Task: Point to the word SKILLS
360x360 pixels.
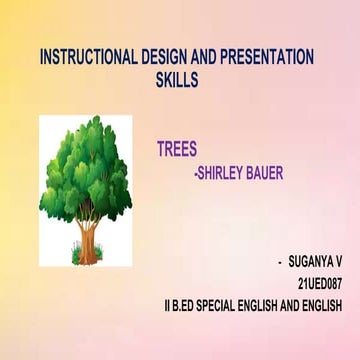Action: [x=177, y=78]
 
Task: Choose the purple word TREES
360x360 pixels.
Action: [x=177, y=150]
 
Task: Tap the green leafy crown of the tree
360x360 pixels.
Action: [x=85, y=165]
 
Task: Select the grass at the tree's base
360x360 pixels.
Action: [x=88, y=260]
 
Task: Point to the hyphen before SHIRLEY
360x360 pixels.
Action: [x=195, y=173]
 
